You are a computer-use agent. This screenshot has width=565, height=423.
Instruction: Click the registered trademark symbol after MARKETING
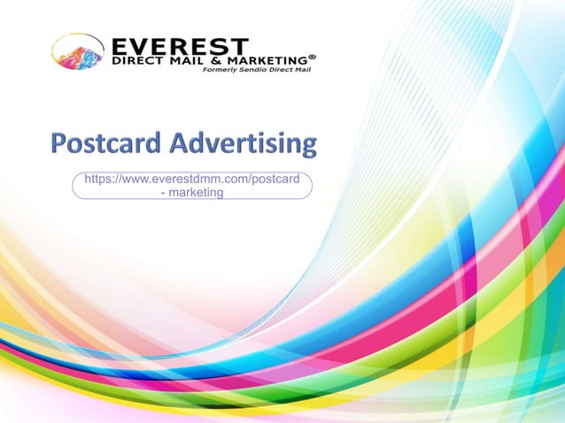(312, 56)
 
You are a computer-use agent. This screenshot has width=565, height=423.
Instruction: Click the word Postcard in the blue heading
(107, 142)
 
